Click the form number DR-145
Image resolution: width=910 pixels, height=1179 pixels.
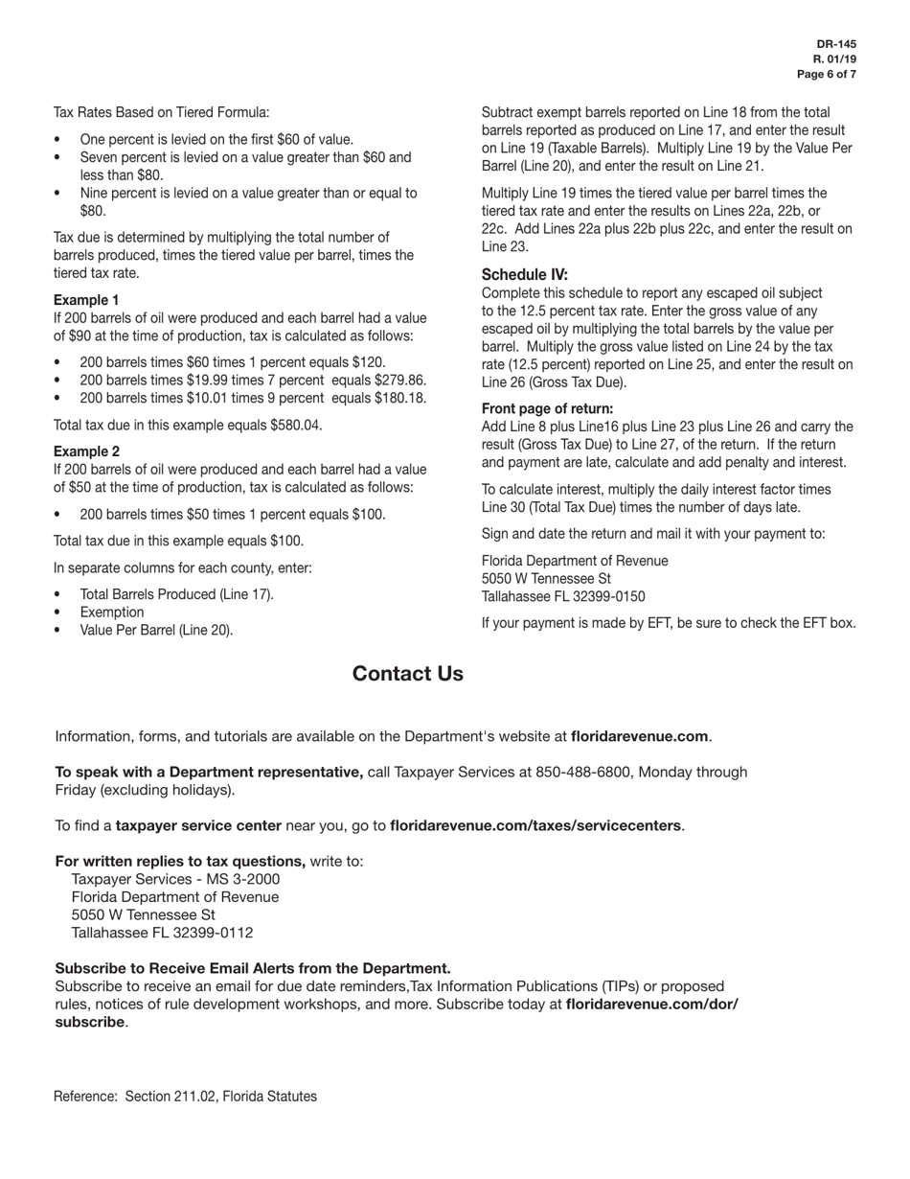click(x=836, y=44)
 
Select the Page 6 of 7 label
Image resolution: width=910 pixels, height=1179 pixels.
click(x=827, y=74)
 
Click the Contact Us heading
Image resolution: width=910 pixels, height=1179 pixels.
click(x=407, y=674)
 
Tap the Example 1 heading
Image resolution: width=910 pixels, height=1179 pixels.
click(x=86, y=300)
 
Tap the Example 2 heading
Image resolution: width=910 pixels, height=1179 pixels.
click(x=86, y=451)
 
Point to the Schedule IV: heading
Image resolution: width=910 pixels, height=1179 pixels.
click(x=524, y=274)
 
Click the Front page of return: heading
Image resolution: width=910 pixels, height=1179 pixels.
click(x=547, y=408)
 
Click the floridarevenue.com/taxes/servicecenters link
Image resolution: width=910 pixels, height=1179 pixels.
click(x=535, y=825)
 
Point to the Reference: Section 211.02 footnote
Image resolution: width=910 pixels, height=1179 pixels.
click(x=185, y=1097)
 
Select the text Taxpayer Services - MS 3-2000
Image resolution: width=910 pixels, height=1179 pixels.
click(x=175, y=879)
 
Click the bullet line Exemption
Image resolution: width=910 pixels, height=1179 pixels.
click(x=112, y=613)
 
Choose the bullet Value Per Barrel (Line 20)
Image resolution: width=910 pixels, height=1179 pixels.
click(x=156, y=631)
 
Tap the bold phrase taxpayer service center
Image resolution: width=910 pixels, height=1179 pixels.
click(x=198, y=825)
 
